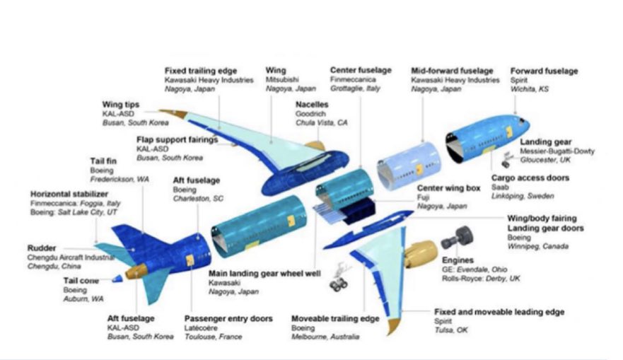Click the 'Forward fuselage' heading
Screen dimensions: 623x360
click(x=544, y=71)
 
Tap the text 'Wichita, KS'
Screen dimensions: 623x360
click(x=530, y=90)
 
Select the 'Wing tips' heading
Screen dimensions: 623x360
click(x=121, y=105)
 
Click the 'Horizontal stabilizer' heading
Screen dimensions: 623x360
click(x=69, y=194)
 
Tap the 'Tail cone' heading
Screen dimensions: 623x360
click(x=81, y=280)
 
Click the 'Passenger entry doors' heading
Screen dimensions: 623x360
click(x=228, y=319)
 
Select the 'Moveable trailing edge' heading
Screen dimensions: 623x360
click(x=335, y=319)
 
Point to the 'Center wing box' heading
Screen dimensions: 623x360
click(x=447, y=188)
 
